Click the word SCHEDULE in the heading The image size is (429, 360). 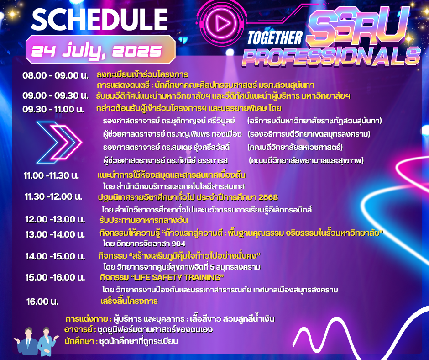[99, 19]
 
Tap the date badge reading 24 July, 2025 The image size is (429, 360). [100, 50]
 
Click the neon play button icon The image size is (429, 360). [220, 23]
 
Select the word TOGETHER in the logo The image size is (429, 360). [275, 38]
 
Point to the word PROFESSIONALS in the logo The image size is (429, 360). [331, 57]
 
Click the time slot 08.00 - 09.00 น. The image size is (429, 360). [55, 75]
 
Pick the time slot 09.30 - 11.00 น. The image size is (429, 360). [53, 109]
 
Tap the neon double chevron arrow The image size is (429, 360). [59, 142]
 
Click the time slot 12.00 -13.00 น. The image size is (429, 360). [55, 219]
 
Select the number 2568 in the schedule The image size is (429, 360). [268, 197]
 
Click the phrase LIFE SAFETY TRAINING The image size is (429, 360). [177, 277]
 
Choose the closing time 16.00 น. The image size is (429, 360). [42, 302]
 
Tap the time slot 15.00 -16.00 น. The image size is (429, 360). [55, 277]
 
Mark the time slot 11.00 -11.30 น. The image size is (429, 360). [51, 175]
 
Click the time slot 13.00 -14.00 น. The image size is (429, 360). [55, 234]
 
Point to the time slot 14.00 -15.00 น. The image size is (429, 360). [55, 256]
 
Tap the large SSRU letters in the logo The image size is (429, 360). [357, 26]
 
